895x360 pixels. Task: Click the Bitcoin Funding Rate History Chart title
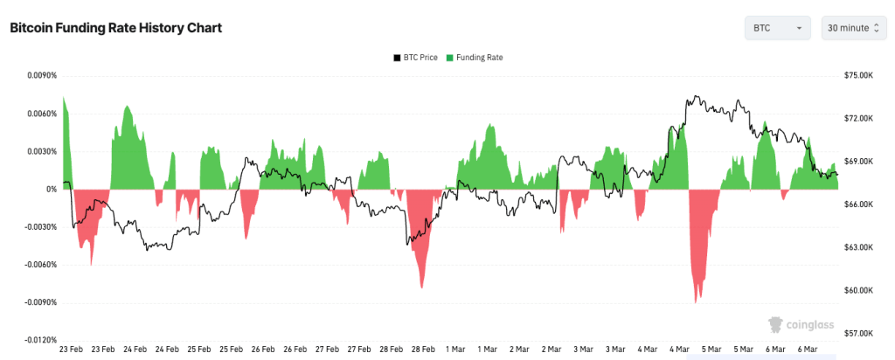115,28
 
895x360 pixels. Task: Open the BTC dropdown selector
777,28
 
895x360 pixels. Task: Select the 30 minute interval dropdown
853,28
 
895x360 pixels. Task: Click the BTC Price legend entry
415,58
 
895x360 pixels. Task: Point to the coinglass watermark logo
799,325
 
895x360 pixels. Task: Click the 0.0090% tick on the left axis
38,76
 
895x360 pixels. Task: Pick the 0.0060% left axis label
38,114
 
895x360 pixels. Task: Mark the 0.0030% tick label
38,151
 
